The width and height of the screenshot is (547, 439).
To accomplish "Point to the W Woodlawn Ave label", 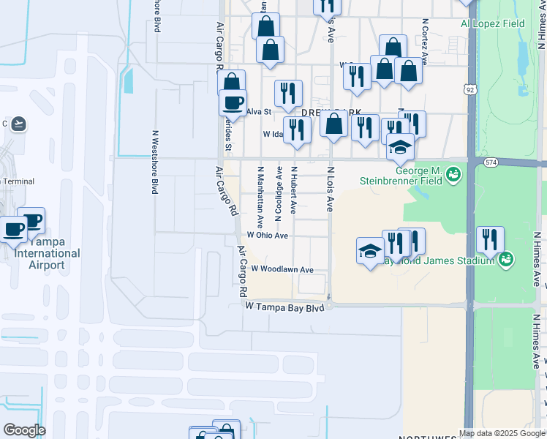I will coord(282,269).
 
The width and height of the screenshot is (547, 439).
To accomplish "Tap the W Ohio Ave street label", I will coord(267,236).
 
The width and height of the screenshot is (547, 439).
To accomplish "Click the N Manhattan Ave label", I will coord(260,197).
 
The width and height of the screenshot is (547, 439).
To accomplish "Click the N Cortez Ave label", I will coord(424,29).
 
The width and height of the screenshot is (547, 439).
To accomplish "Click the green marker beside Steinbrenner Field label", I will coord(454,174).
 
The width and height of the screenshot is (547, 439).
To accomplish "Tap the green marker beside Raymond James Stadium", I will coord(505,259).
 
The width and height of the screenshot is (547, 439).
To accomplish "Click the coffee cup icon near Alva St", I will coord(233,102).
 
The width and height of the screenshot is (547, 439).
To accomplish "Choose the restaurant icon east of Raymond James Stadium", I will coord(489,239).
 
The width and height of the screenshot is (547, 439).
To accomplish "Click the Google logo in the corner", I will coord(23,430).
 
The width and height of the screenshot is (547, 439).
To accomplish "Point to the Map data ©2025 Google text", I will coord(502,433).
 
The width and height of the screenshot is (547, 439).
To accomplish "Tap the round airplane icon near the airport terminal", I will coord(19,124).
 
